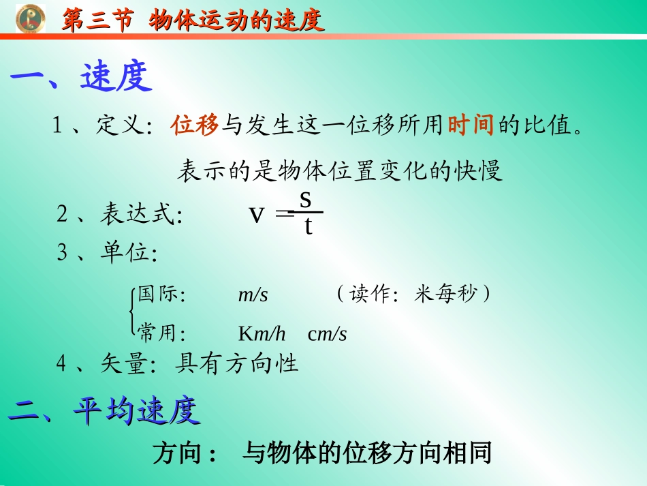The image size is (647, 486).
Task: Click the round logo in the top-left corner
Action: pos(30,19)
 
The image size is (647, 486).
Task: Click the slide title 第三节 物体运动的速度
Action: pos(193,20)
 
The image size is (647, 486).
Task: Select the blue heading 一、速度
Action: pos(81,78)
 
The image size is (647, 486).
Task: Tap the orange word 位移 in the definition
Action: pos(195,125)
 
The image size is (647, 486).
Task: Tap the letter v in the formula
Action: pos(256,215)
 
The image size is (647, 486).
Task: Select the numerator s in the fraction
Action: pos(306,199)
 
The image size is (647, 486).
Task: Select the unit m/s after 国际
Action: pos(253,295)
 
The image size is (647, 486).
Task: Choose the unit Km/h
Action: pos(262,334)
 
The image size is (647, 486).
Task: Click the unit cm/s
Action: pos(328,334)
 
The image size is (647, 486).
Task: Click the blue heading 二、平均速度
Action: pos(104,411)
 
